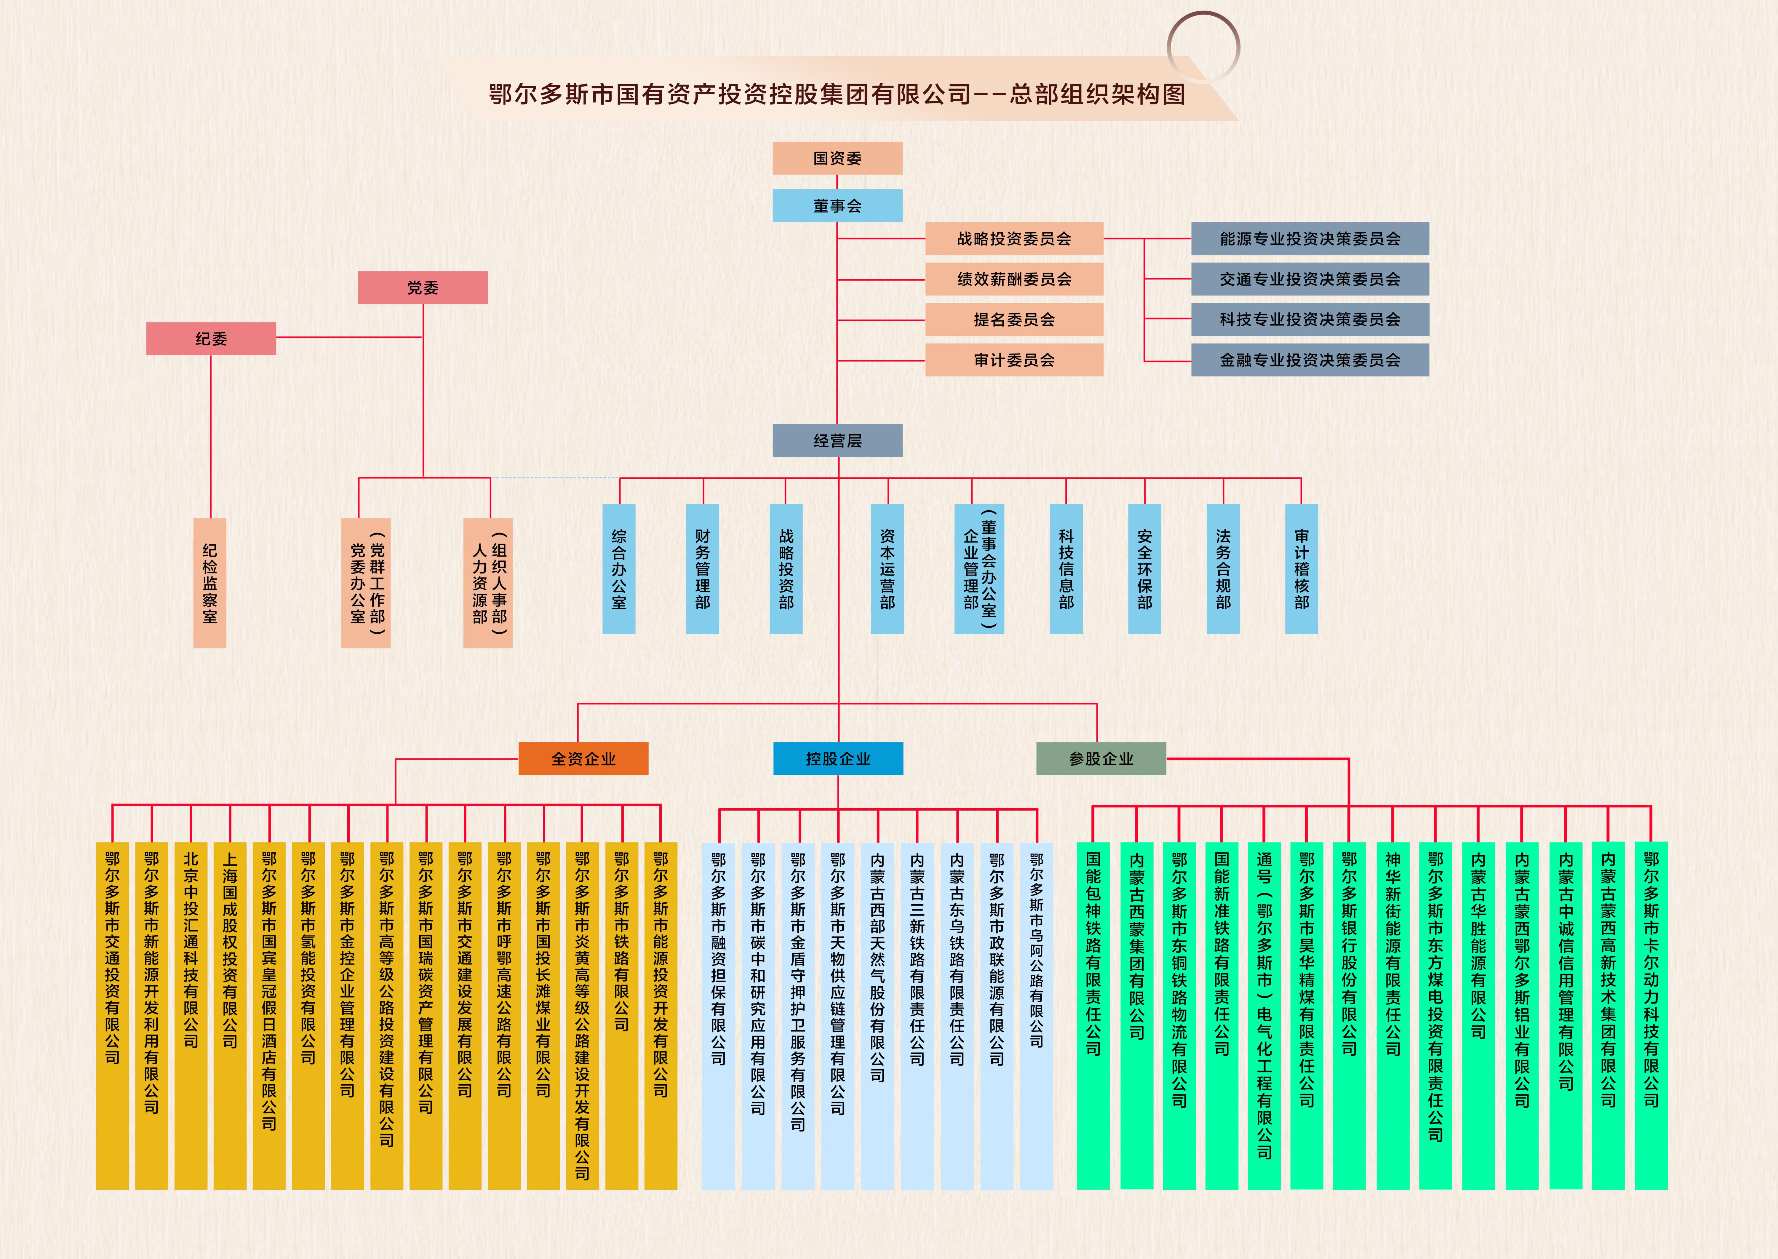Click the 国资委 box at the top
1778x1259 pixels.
(x=837, y=158)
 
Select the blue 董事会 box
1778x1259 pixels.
(x=837, y=205)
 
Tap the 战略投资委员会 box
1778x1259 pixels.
(x=1014, y=239)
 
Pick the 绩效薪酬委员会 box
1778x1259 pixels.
(x=1014, y=279)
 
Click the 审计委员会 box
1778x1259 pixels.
(x=1014, y=360)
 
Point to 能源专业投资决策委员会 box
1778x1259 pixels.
(x=1310, y=239)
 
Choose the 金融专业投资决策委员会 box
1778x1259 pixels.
(x=1310, y=360)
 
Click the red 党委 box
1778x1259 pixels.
(x=422, y=287)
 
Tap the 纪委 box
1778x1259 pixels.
(x=211, y=339)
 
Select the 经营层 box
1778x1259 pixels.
(x=837, y=440)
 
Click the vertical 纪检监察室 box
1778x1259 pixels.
(x=209, y=583)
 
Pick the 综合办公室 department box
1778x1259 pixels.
(x=618, y=569)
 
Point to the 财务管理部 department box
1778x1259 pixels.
(x=702, y=569)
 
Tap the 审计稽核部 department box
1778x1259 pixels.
(x=1301, y=569)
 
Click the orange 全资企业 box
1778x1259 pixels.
(x=583, y=758)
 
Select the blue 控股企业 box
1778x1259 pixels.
(x=838, y=758)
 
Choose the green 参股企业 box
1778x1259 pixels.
(x=1101, y=758)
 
